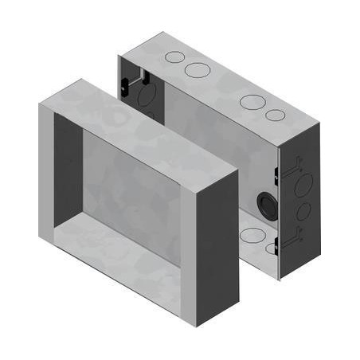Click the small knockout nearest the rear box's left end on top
click(174, 58)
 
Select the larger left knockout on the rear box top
click(197, 70)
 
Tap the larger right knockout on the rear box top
click(252, 102)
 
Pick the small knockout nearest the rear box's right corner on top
click(276, 115)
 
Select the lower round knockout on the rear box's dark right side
click(304, 212)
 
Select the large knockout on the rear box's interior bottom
click(253, 235)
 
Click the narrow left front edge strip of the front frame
click(45, 175)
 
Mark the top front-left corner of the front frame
click(39, 104)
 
